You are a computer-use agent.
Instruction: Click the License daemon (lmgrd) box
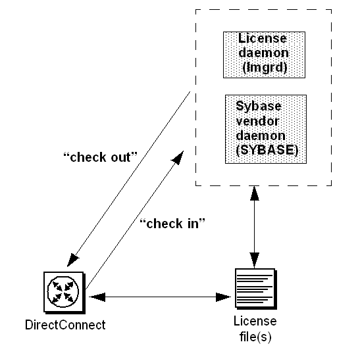[264, 55]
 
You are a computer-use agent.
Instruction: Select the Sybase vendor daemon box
[266, 129]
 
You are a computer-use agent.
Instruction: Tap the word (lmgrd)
[265, 68]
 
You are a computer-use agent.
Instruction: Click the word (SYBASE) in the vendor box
[267, 150]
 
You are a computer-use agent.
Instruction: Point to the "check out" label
[100, 157]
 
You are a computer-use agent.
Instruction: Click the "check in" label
[172, 224]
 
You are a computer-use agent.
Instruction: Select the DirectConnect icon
[64, 293]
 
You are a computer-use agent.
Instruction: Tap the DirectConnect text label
[65, 325]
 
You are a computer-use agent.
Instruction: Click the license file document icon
[256, 289]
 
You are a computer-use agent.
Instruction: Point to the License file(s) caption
[255, 329]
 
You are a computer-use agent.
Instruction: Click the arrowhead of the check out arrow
[72, 260]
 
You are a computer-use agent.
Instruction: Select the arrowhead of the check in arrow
[178, 157]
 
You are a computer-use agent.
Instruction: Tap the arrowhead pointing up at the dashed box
[255, 193]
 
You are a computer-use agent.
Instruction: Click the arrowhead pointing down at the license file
[255, 260]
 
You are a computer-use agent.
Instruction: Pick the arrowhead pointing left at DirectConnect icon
[97, 297]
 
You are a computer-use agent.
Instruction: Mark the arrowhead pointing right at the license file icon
[223, 297]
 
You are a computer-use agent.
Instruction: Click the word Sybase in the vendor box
[259, 107]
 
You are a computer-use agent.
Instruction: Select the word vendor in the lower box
[258, 121]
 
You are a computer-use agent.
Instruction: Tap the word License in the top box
[263, 38]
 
